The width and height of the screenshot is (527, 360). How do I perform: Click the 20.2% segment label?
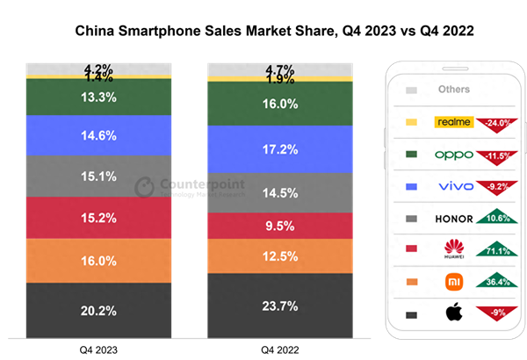pyautogui.click(x=98, y=311)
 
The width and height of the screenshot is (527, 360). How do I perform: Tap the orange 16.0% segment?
pyautogui.click(x=98, y=261)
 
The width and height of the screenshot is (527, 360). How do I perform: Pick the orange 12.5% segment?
pyautogui.click(x=280, y=256)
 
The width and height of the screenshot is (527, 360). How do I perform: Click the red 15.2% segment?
pyautogui.click(x=98, y=218)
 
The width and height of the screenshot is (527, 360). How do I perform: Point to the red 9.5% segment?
pyautogui.click(x=280, y=225)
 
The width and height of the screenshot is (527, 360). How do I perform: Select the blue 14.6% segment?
pyautogui.click(x=98, y=135)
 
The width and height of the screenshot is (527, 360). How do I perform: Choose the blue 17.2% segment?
pyautogui.click(x=280, y=149)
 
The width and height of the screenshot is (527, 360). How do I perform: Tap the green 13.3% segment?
pyautogui.click(x=98, y=97)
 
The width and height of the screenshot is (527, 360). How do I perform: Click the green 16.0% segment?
pyautogui.click(x=280, y=104)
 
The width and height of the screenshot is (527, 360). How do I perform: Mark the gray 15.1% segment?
pyautogui.click(x=98, y=176)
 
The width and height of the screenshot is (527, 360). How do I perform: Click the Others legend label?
pyautogui.click(x=453, y=90)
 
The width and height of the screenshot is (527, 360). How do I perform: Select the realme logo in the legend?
pyautogui.click(x=454, y=122)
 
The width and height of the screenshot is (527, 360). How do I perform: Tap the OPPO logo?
pyautogui.click(x=454, y=155)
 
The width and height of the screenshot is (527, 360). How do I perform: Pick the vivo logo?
pyautogui.click(x=454, y=186)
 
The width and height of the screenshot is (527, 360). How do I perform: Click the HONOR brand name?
pyautogui.click(x=453, y=219)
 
